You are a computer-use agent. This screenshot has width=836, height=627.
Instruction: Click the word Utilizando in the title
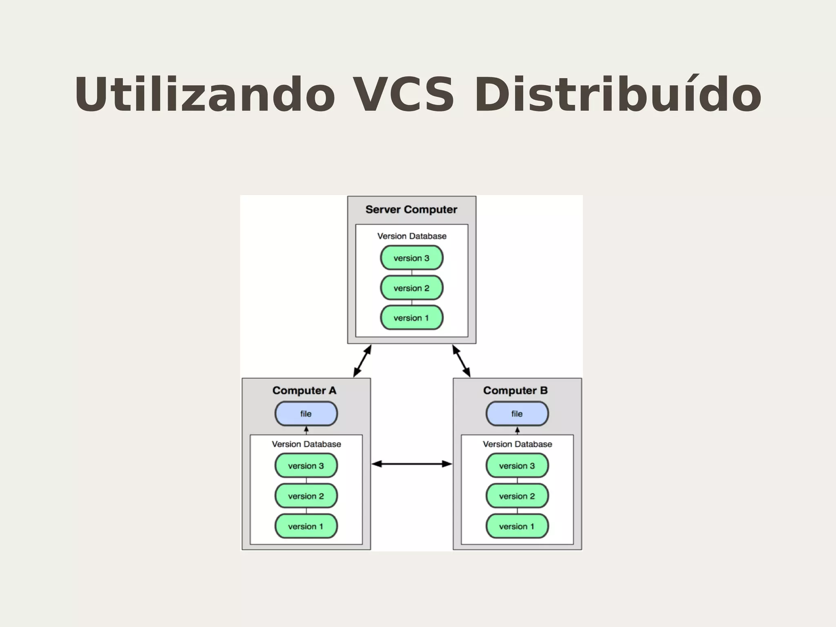pyautogui.click(x=204, y=95)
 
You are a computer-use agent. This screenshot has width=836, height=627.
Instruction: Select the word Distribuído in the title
pyautogui.click(x=617, y=95)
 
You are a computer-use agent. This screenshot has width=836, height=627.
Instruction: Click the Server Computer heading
pyautogui.click(x=411, y=210)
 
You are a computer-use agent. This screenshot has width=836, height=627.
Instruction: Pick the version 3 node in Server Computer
pyautogui.click(x=411, y=258)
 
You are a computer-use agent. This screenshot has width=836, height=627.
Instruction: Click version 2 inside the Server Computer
pyautogui.click(x=411, y=288)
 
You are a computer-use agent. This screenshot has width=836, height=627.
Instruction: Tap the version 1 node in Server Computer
pyautogui.click(x=411, y=318)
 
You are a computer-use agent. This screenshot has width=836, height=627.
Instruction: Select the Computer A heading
pyautogui.click(x=305, y=390)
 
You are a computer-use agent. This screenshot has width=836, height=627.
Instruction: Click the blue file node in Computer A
pyautogui.click(x=306, y=414)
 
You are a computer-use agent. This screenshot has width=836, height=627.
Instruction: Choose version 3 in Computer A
pyautogui.click(x=306, y=466)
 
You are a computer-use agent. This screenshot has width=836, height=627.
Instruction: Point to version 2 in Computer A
pyautogui.click(x=306, y=496)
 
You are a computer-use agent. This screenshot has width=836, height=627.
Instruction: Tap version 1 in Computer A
pyautogui.click(x=306, y=526)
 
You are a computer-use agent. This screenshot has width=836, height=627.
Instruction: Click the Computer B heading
pyautogui.click(x=515, y=390)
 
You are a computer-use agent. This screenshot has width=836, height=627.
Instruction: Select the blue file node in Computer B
pyautogui.click(x=517, y=414)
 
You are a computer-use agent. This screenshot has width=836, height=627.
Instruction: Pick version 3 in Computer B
pyautogui.click(x=517, y=466)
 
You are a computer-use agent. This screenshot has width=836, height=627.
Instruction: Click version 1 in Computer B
pyautogui.click(x=517, y=526)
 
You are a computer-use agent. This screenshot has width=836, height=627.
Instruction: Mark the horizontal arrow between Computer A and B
pyautogui.click(x=411, y=464)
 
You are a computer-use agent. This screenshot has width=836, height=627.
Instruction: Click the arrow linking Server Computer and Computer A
pyautogui.click(x=362, y=361)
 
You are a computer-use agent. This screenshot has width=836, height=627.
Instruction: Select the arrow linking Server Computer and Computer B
pyautogui.click(x=461, y=361)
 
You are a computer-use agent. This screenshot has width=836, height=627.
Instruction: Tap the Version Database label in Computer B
pyautogui.click(x=517, y=444)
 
